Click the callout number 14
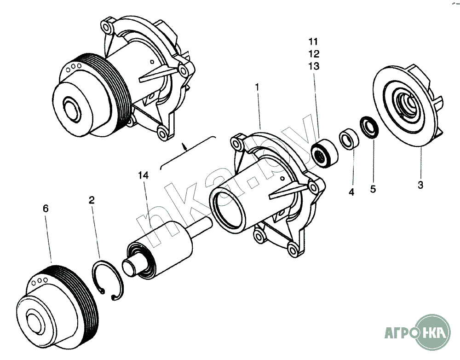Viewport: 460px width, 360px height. tap(144, 175)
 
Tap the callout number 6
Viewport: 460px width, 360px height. tap(46, 209)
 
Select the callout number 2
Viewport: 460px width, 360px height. tap(92, 200)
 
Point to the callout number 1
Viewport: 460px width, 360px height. tap(257, 87)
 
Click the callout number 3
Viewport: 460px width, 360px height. tap(420, 185)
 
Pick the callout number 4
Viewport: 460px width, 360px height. tap(351, 192)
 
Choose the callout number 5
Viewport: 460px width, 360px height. tap(373, 189)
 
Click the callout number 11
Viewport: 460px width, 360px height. tap(313, 42)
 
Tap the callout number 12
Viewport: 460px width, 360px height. tap(314, 54)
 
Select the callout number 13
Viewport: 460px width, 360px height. tap(314, 66)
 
